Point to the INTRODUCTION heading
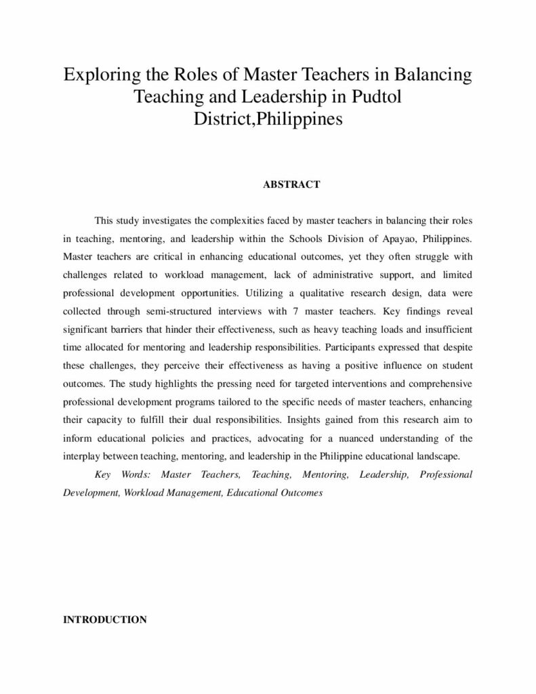pos(105,619)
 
